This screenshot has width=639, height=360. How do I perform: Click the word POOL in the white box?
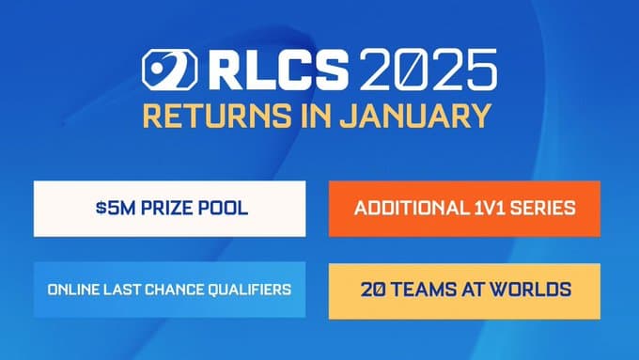point(225,208)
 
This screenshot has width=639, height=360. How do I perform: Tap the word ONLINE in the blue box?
point(70,290)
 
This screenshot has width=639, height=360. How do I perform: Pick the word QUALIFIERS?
point(247,290)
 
